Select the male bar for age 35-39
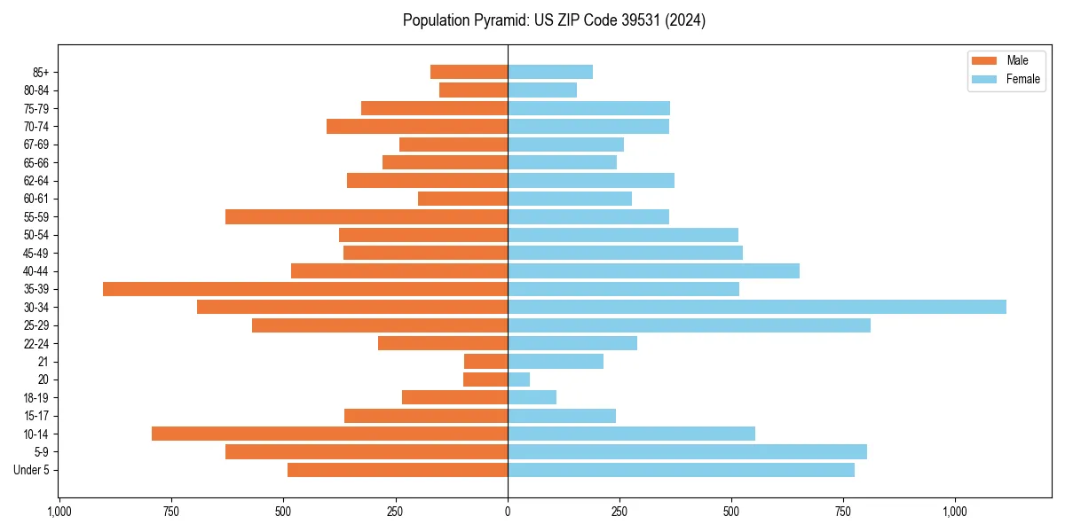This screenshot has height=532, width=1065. point(305,289)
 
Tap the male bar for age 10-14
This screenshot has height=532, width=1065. point(329,434)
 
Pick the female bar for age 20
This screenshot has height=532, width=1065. point(519,379)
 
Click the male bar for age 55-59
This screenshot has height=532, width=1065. point(367,216)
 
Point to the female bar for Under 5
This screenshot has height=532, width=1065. point(681,470)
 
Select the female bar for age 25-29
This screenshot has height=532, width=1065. point(689,325)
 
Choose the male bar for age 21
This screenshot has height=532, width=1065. point(486,362)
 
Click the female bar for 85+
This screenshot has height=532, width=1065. point(550,72)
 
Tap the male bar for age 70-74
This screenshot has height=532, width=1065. point(417,126)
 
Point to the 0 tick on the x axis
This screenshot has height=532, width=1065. point(508,512)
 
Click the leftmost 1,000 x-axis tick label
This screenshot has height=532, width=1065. point(59,512)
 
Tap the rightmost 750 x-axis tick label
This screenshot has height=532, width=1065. point(843,512)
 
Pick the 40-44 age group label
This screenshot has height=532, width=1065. point(36,271)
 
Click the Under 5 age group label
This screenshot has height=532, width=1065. point(32,470)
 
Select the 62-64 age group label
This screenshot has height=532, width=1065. point(36,181)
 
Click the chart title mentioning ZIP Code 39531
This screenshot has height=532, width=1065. point(554,20)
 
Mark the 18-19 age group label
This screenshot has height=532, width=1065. point(36,398)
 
